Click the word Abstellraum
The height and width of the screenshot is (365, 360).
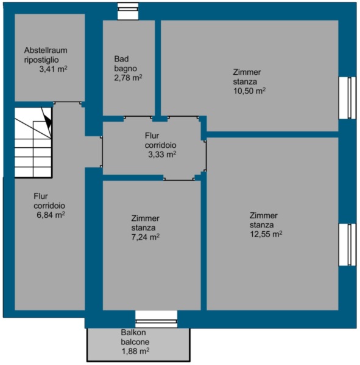[46, 50]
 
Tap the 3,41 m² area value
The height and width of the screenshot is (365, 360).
[54, 69]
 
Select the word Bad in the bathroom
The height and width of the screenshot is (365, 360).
[121, 59]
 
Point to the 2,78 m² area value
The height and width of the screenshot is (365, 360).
[128, 77]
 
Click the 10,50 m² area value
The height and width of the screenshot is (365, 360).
[250, 91]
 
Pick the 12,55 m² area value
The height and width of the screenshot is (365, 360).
[266, 234]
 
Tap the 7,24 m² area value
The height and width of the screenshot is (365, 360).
[146, 237]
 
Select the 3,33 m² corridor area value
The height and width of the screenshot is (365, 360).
[162, 154]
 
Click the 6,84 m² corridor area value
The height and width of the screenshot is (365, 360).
[51, 215]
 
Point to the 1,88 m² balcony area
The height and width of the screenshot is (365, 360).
[135, 351]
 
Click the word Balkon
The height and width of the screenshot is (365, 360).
[133, 332]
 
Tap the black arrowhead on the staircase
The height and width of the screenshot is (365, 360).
[48, 122]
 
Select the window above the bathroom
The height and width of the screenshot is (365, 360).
[128, 11]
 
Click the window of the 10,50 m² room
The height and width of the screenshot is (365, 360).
[347, 98]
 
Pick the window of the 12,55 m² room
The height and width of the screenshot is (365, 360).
[347, 245]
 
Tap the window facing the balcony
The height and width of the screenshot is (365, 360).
[156, 319]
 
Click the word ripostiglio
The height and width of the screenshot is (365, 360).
[41, 60]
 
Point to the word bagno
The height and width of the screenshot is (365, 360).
[125, 69]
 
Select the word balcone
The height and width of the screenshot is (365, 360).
[135, 342]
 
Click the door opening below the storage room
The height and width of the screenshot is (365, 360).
[68, 103]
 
